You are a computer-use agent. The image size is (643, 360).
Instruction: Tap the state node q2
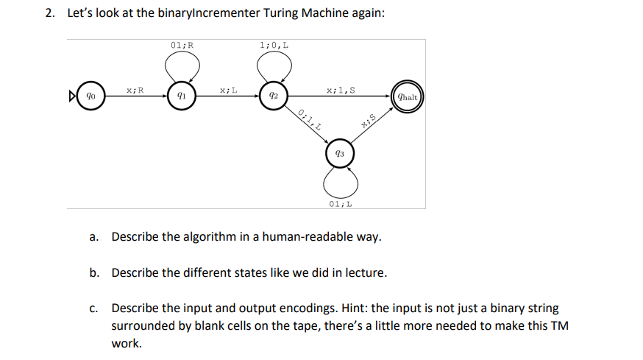coord(273,96)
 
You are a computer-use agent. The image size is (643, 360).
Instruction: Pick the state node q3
coord(338,154)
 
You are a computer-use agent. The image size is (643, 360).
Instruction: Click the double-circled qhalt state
coord(407,96)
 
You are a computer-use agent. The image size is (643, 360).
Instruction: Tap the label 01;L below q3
coord(339,204)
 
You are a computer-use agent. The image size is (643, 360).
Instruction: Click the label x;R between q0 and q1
coord(135,90)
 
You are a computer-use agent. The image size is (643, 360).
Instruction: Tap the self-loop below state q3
coord(339,181)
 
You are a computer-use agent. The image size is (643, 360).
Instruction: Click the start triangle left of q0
coord(73,96)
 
